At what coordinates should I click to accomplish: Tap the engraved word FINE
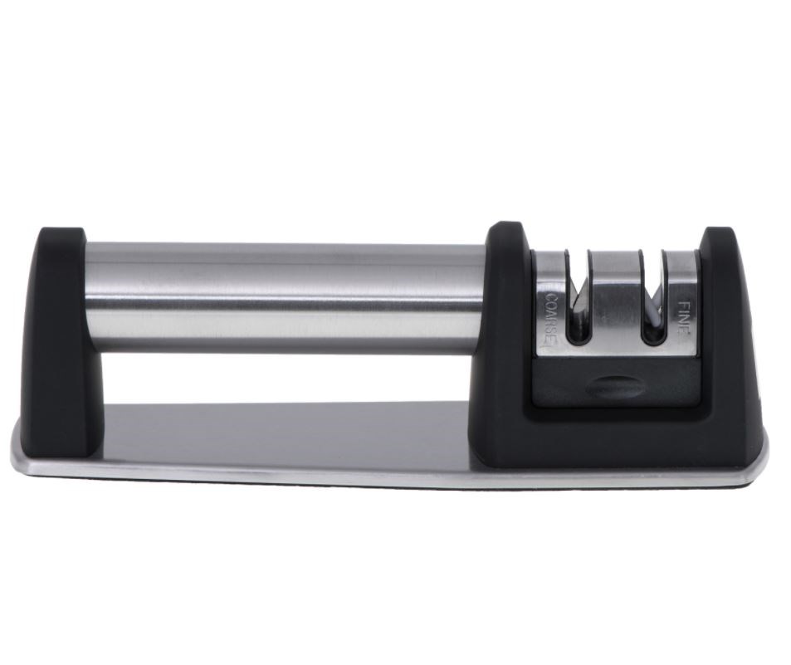tap(683, 318)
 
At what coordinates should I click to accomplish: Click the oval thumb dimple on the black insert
tap(615, 387)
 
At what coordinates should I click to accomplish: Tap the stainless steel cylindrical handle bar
tap(285, 298)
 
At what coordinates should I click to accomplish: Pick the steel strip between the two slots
tap(615, 301)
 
